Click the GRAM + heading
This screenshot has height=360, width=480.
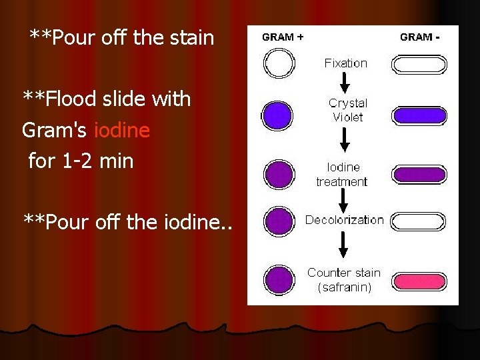pos(283,37)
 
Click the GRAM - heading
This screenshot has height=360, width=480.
pos(419,37)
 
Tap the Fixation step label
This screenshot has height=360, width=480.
pos(345,63)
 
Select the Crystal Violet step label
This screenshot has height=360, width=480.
pos(347,110)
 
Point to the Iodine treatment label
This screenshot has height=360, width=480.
pos(342,174)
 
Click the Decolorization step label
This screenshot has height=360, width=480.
pos(344,220)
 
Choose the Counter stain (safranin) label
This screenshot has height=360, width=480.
pos(344,280)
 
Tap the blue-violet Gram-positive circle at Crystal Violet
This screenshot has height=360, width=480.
pos(278,115)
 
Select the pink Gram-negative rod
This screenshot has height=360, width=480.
pos(419,281)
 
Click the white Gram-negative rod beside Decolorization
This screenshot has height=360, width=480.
pos(419,221)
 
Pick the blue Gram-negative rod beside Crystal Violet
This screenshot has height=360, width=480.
pos(419,115)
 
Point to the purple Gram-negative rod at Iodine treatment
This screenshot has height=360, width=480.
pos(419,175)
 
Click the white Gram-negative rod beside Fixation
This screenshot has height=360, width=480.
pos(419,65)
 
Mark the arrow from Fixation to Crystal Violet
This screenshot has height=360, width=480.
pos(345,83)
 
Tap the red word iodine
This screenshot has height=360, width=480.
pos(122,130)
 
